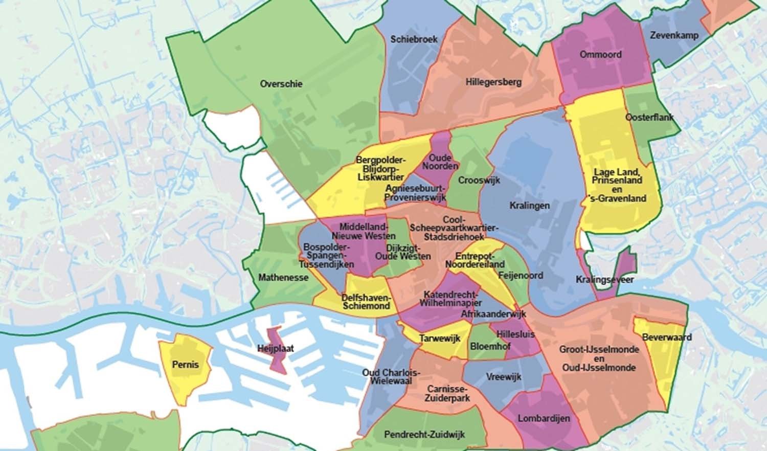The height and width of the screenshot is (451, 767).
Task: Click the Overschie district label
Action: (x=281, y=84)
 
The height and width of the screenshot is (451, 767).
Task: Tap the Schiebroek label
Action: (x=414, y=39)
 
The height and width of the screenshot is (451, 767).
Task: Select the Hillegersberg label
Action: (x=493, y=82)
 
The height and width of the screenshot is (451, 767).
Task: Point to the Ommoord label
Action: (x=600, y=55)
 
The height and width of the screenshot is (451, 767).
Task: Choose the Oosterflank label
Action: (x=649, y=118)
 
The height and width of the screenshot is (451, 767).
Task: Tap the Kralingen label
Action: (x=529, y=206)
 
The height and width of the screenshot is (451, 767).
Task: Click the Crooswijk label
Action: (x=479, y=181)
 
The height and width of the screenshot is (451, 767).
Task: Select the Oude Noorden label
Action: (x=440, y=162)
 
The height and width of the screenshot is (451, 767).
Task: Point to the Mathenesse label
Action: (x=283, y=278)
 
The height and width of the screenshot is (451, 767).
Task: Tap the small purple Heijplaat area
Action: (x=278, y=350)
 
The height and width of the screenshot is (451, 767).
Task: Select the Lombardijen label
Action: (x=544, y=418)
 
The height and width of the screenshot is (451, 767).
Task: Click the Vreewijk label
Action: (x=504, y=377)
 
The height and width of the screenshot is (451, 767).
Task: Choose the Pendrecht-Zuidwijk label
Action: (x=424, y=435)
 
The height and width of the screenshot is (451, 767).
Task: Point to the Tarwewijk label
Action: (x=440, y=339)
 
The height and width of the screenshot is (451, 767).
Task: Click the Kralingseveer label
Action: (x=604, y=280)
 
